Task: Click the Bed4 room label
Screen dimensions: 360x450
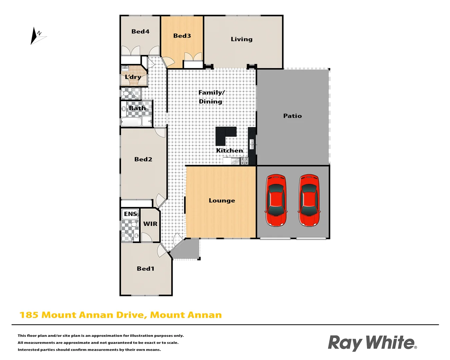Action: point(140,32)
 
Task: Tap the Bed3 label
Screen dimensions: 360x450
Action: point(182,36)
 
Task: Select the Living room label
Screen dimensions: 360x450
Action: point(242,39)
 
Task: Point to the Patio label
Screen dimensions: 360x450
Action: point(292,116)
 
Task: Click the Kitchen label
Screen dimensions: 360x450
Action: point(229,151)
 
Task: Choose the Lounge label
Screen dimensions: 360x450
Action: point(222,200)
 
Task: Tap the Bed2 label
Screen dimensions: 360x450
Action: point(143,159)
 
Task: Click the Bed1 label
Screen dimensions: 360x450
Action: point(145,269)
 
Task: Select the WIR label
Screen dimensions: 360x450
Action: point(150,224)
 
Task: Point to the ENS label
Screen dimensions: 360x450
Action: point(130,214)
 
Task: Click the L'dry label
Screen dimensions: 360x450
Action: point(133,77)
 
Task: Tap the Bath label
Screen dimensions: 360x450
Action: point(137,108)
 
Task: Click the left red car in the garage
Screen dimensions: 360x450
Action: point(276,200)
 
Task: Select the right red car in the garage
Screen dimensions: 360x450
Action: point(309,200)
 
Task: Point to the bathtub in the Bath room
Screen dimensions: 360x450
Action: point(131,122)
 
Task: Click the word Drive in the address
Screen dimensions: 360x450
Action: point(130,315)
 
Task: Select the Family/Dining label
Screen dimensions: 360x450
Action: point(211,97)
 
